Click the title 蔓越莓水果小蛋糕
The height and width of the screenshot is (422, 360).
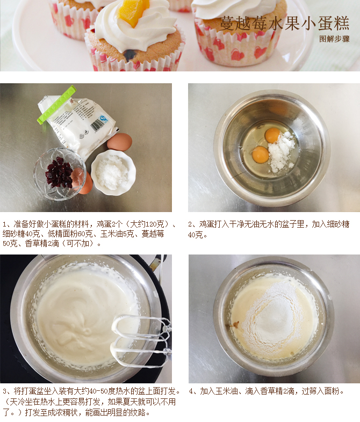coord(285,23)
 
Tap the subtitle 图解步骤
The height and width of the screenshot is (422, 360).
coord(334,39)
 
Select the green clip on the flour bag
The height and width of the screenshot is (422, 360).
coord(56,104)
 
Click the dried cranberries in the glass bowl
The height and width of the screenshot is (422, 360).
coord(59,173)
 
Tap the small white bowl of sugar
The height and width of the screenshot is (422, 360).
coord(113,172)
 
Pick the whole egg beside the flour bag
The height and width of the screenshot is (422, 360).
coord(119,142)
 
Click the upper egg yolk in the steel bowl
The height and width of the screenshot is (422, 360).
coord(272,135)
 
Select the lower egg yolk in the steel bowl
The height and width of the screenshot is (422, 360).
coord(261,155)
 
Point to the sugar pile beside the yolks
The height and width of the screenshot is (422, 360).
coord(282,151)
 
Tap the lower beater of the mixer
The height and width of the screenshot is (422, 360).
coord(141,353)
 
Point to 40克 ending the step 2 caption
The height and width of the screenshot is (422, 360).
coord(195,235)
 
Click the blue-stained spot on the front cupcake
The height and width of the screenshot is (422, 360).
coord(131,55)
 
